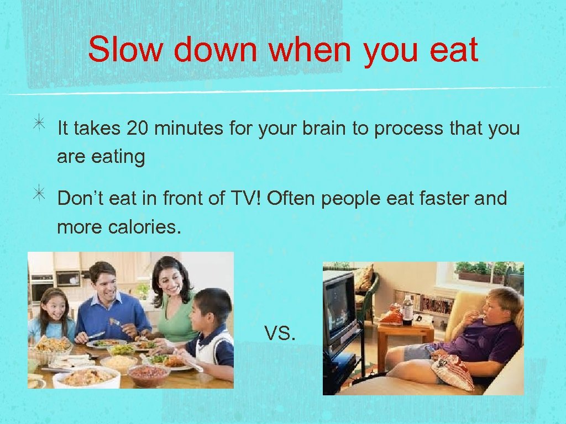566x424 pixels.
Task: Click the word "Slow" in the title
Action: pyautogui.click(x=125, y=49)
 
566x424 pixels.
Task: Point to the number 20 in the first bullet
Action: pyautogui.click(x=138, y=129)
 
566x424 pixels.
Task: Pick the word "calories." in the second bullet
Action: pyautogui.click(x=144, y=227)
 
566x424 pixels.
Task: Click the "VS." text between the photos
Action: pyautogui.click(x=280, y=333)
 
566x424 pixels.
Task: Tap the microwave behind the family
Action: pyautogui.click(x=68, y=279)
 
